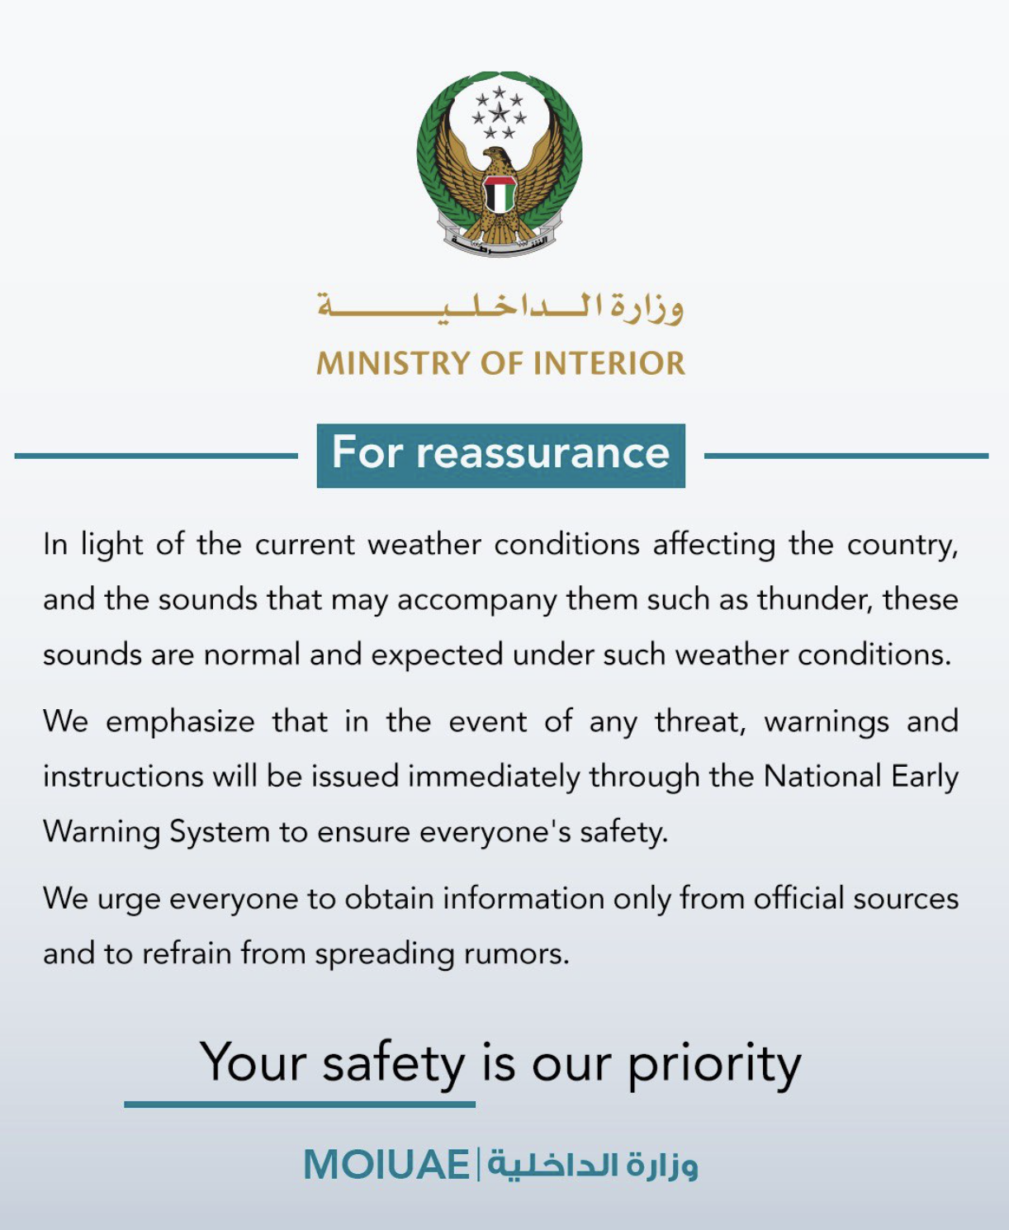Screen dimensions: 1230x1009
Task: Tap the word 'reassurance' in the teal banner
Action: (542, 453)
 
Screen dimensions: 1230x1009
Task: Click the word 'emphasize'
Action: (180, 722)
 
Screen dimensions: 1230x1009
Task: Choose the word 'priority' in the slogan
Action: (714, 1064)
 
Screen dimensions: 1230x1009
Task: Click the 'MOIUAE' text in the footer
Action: (386, 1165)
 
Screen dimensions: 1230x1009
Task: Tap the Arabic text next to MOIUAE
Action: (592, 1165)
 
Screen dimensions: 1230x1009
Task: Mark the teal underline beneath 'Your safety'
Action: (300, 1104)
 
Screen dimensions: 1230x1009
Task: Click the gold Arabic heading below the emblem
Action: (501, 308)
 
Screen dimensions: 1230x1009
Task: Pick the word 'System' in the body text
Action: (220, 832)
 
